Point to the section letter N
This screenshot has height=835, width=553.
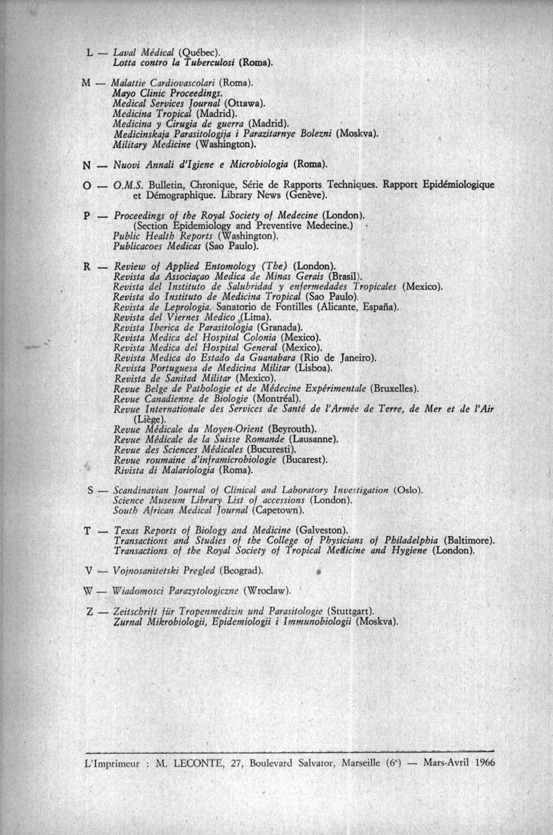(x=87, y=165)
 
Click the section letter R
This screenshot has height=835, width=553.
(x=88, y=266)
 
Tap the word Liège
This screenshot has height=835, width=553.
(x=148, y=419)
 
